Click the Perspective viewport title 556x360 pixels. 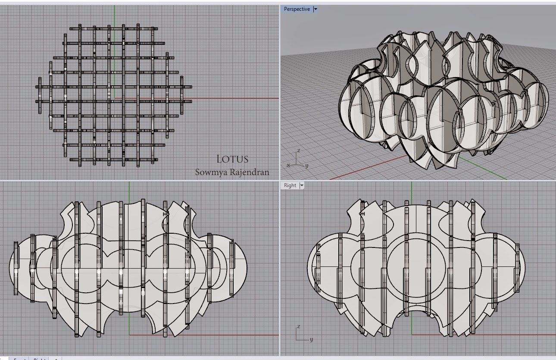point(297,9)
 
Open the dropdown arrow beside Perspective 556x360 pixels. point(315,9)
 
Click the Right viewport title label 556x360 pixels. point(290,185)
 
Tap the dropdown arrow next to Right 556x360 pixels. point(302,185)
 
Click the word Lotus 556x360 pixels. point(232,159)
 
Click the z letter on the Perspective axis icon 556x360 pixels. point(299,151)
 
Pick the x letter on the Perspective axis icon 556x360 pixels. point(288,165)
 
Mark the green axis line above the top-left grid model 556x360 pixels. point(115,15)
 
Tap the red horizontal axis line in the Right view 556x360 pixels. point(496,334)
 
